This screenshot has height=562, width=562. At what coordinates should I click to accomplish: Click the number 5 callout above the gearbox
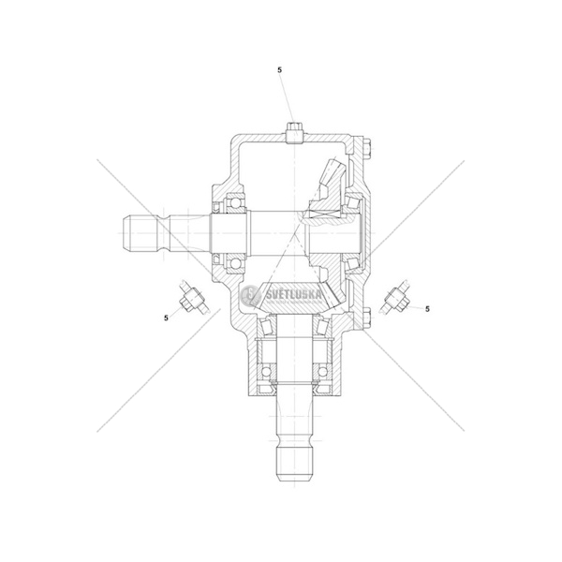click(x=279, y=70)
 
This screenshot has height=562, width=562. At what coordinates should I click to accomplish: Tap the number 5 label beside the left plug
click(x=166, y=318)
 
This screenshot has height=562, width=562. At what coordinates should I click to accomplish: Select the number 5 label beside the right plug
click(x=427, y=309)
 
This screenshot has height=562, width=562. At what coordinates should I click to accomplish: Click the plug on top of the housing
click(x=295, y=133)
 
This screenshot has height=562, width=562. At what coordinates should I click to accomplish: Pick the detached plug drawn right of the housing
click(x=395, y=297)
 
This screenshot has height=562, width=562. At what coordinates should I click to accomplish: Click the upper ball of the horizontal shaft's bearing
click(x=235, y=203)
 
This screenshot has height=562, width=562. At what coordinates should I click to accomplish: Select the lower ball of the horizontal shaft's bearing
click(x=235, y=263)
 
